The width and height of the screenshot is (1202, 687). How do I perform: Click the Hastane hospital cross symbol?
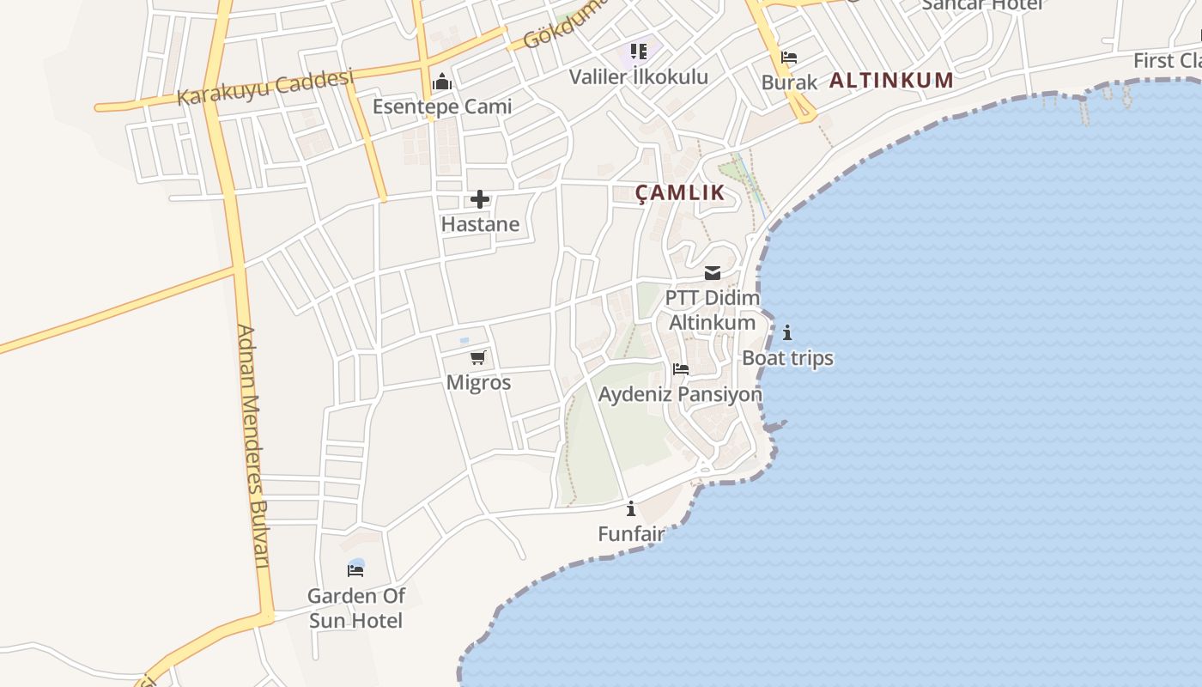[479, 200]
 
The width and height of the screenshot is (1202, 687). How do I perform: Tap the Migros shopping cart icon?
[478, 357]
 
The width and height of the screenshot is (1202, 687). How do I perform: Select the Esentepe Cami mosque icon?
[442, 82]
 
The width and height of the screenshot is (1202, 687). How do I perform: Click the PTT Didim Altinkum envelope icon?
[713, 273]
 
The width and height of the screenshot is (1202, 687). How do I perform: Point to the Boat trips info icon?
[787, 332]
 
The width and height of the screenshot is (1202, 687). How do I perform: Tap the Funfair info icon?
[631, 508]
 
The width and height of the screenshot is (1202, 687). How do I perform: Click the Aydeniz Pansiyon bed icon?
[681, 369]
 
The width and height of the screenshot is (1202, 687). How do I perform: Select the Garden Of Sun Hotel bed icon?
[355, 570]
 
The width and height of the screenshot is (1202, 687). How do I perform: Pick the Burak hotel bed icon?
[789, 58]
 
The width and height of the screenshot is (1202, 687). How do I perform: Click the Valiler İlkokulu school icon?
[638, 52]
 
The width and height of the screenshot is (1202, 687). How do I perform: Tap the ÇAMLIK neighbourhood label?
[680, 193]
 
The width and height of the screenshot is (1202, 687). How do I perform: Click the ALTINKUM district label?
[891, 81]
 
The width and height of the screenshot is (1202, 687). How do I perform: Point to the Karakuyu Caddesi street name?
[265, 88]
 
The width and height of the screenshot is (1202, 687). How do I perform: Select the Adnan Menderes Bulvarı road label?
[254, 447]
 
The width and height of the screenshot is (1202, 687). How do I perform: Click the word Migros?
[478, 383]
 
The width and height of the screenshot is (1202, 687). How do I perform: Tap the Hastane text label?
[480, 224]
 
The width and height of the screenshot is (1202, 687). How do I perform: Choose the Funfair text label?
[631, 534]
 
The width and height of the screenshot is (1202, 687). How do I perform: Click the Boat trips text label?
[787, 358]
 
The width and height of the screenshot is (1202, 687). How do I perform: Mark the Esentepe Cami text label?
[441, 106]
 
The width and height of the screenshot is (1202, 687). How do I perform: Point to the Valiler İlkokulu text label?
[638, 76]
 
